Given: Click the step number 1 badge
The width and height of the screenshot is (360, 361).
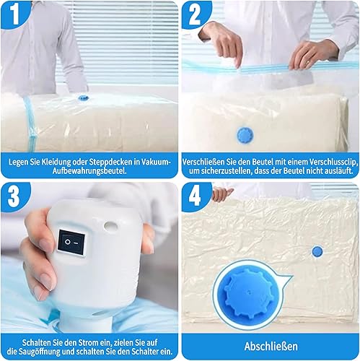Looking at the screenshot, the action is tap(15, 14).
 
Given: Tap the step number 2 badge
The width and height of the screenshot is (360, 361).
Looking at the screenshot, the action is tap(195, 14).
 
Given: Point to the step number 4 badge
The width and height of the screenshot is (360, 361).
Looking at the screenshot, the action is tap(195, 196).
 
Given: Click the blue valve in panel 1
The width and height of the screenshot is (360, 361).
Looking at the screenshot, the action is tap(84, 98).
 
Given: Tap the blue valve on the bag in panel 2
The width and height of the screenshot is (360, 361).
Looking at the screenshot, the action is tap(245, 135).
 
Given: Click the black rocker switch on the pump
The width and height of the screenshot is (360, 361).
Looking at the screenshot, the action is tap(71, 243).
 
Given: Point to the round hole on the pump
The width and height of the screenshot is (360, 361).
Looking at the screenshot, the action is tap(110, 226).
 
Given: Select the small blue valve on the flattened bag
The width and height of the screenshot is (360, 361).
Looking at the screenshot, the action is tap(317, 251).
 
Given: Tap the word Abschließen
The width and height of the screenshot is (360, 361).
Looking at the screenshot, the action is tap(271, 347).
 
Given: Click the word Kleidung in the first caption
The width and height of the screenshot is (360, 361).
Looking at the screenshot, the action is tap(56, 162).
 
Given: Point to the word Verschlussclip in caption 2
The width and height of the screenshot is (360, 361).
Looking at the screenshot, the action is tap(333, 162).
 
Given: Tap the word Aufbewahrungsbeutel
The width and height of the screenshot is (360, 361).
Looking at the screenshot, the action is tap(89, 171).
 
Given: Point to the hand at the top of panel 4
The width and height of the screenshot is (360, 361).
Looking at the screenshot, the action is tap(222, 193).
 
